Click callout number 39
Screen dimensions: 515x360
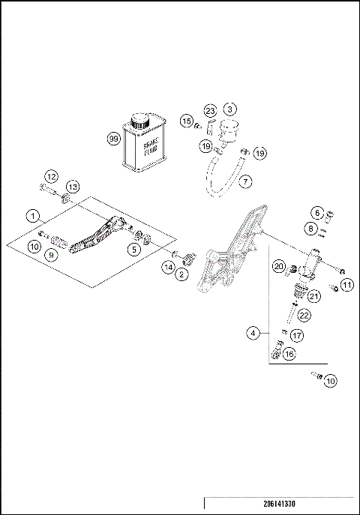pos(113,139)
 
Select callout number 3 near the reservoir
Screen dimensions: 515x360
pos(230,110)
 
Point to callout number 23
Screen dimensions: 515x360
pos(210,110)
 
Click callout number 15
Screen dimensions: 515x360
pos(186,121)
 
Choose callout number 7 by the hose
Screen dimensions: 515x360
pos(245,181)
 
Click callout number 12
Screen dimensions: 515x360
pos(51,176)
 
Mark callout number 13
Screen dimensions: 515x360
pos(72,187)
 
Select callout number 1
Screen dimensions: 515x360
pos(33,215)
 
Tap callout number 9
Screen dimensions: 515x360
pos(52,254)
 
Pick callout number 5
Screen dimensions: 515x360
pos(133,250)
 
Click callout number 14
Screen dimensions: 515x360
pos(167,266)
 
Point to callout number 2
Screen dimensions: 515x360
pos(181,276)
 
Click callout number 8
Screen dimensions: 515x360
pos(310,229)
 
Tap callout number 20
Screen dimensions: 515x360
pos(277,266)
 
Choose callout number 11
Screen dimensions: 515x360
pos(326,284)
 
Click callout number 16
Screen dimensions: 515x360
pos(289,353)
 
